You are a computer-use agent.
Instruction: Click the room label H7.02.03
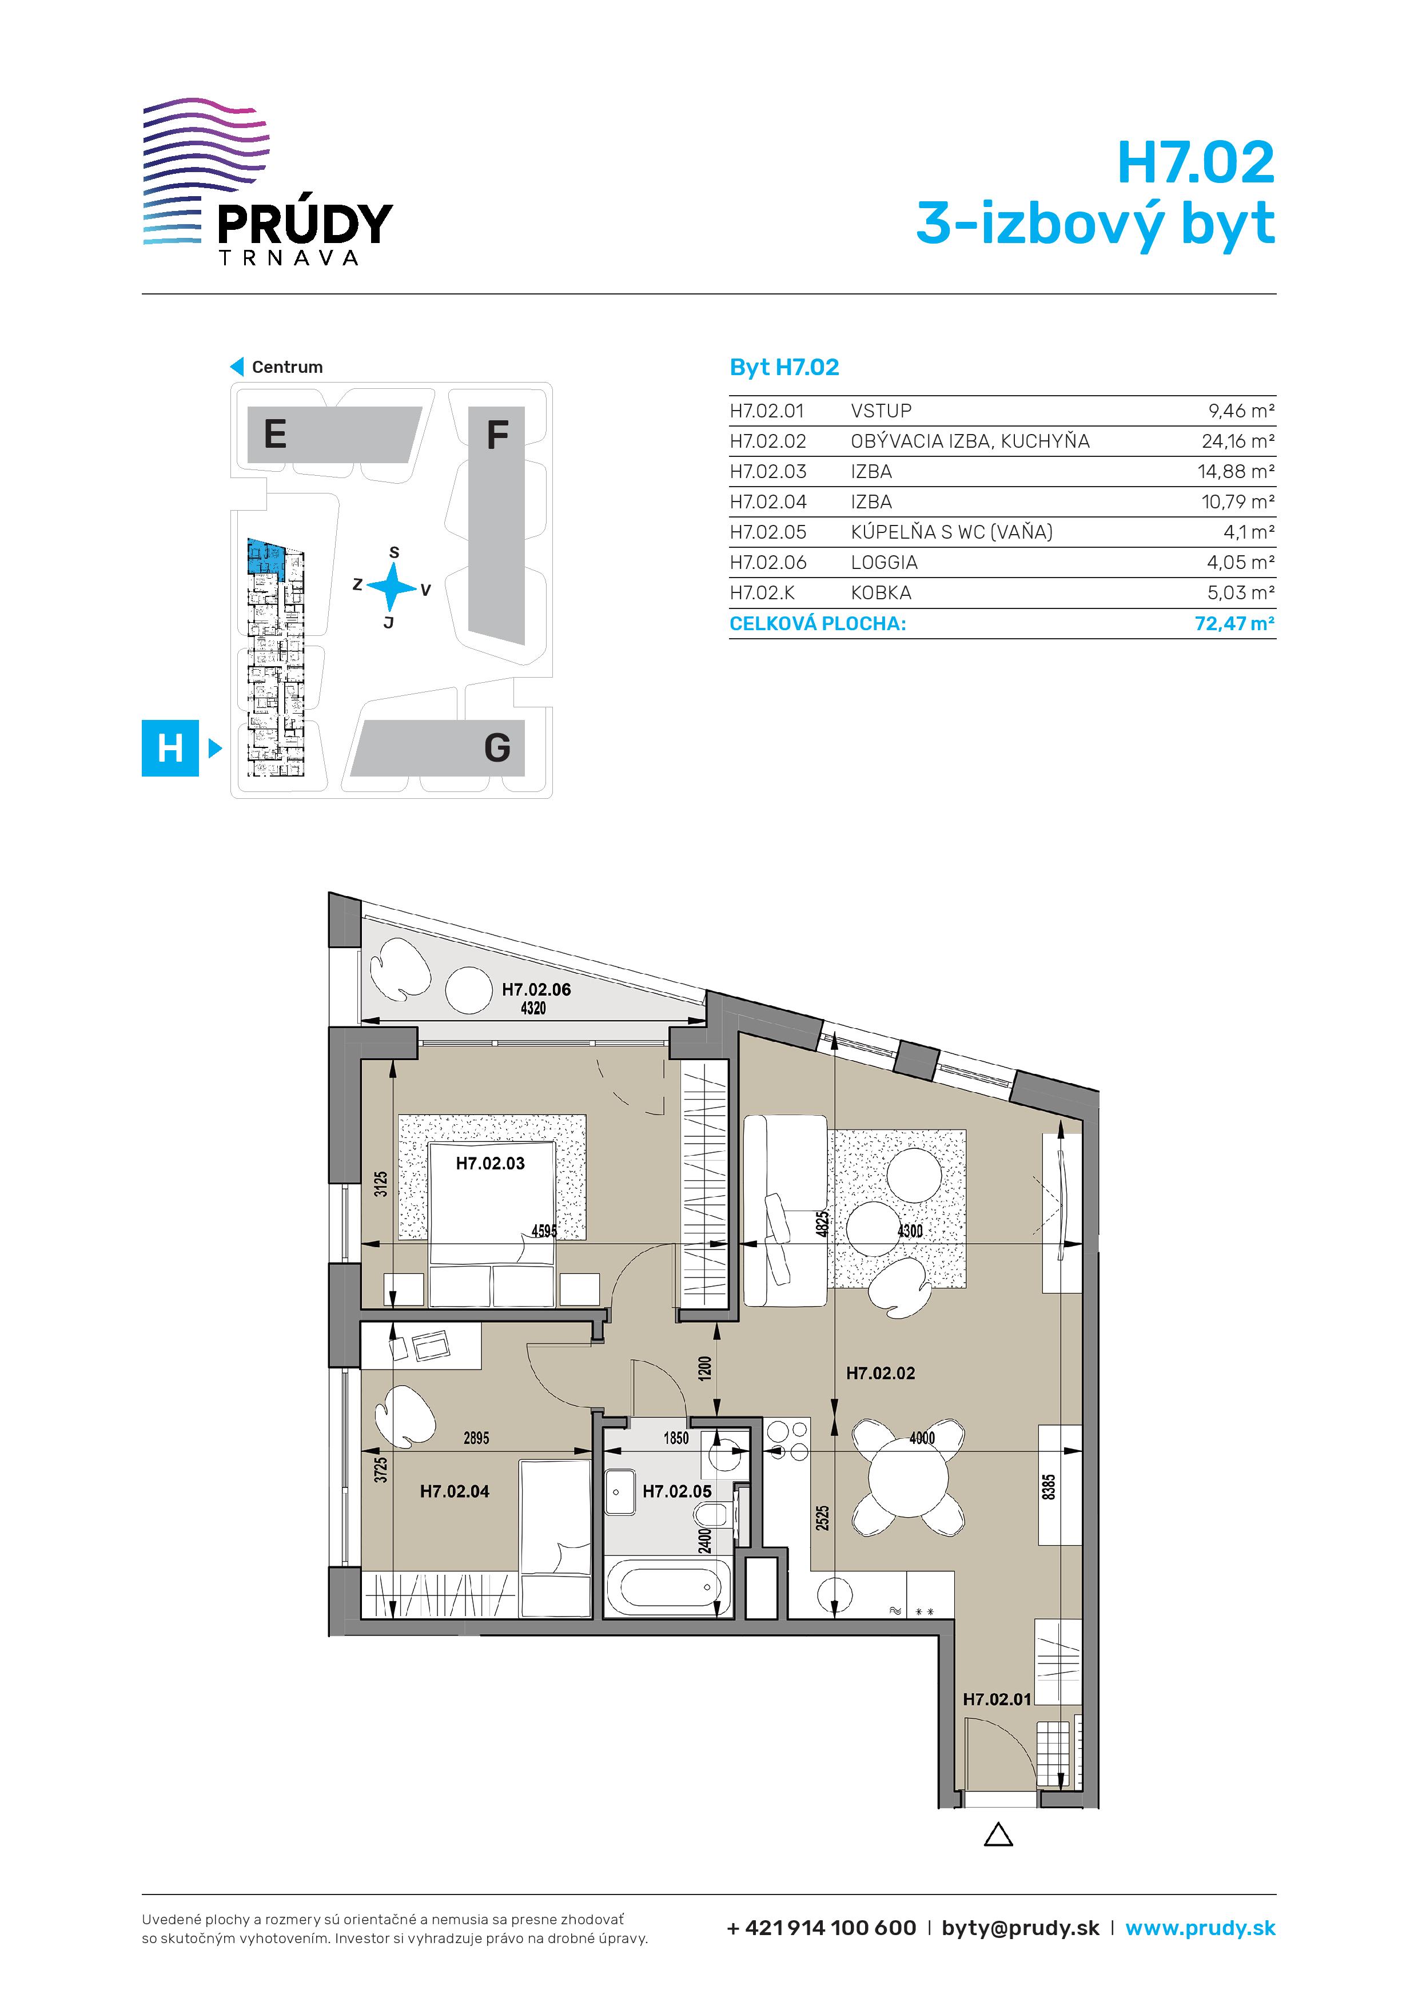pyautogui.click(x=490, y=1163)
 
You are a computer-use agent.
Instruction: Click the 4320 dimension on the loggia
pyautogui.click(x=533, y=1008)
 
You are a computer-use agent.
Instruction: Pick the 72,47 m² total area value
pyautogui.click(x=1234, y=624)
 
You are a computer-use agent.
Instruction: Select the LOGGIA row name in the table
pyautogui.click(x=884, y=563)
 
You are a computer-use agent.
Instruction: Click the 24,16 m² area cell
pyautogui.click(x=1238, y=441)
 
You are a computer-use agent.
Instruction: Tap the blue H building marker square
pyautogui.click(x=170, y=748)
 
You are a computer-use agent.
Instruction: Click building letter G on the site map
pyautogui.click(x=497, y=748)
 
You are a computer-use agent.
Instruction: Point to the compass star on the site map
pyautogui.click(x=392, y=586)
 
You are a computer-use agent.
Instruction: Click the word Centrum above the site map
pyautogui.click(x=288, y=367)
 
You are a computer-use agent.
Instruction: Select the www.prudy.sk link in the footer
pyautogui.click(x=1201, y=1928)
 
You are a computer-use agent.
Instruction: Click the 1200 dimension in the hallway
pyautogui.click(x=704, y=1368)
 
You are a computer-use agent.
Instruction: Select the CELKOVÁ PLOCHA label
pyautogui.click(x=818, y=624)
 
